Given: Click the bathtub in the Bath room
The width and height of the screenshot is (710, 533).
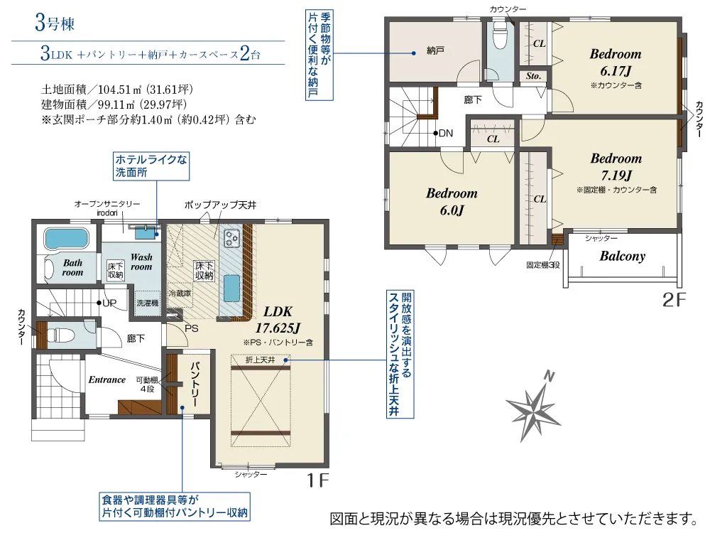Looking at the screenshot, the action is point(67,238).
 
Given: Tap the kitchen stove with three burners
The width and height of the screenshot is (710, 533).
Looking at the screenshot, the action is point(232,238).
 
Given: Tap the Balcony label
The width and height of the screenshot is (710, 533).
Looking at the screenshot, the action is point(623,257).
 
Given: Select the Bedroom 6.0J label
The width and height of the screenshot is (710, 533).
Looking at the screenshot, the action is point(452,202).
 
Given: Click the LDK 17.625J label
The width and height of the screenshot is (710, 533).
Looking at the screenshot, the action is point(278,320).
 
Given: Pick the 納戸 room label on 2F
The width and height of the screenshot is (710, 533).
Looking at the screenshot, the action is point(435,50).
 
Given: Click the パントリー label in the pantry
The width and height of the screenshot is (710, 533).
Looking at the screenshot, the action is point(195,384).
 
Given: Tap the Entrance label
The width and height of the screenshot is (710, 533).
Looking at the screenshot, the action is point(107,379).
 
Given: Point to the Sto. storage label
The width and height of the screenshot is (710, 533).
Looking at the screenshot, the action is point(533,76).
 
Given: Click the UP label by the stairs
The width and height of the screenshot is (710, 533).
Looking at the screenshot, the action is point(109,303).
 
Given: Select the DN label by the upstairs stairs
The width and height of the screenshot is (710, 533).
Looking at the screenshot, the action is point(446,134).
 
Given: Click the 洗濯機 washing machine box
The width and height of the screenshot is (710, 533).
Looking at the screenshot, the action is point(147,303).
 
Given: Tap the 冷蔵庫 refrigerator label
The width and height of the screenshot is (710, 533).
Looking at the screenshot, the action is point(180,294).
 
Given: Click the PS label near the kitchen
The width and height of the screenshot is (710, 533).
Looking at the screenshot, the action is point(192,328).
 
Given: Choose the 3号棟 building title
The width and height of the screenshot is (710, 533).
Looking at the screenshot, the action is point(55,23).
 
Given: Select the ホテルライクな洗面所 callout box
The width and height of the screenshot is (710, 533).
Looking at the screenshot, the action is point(151,166).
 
